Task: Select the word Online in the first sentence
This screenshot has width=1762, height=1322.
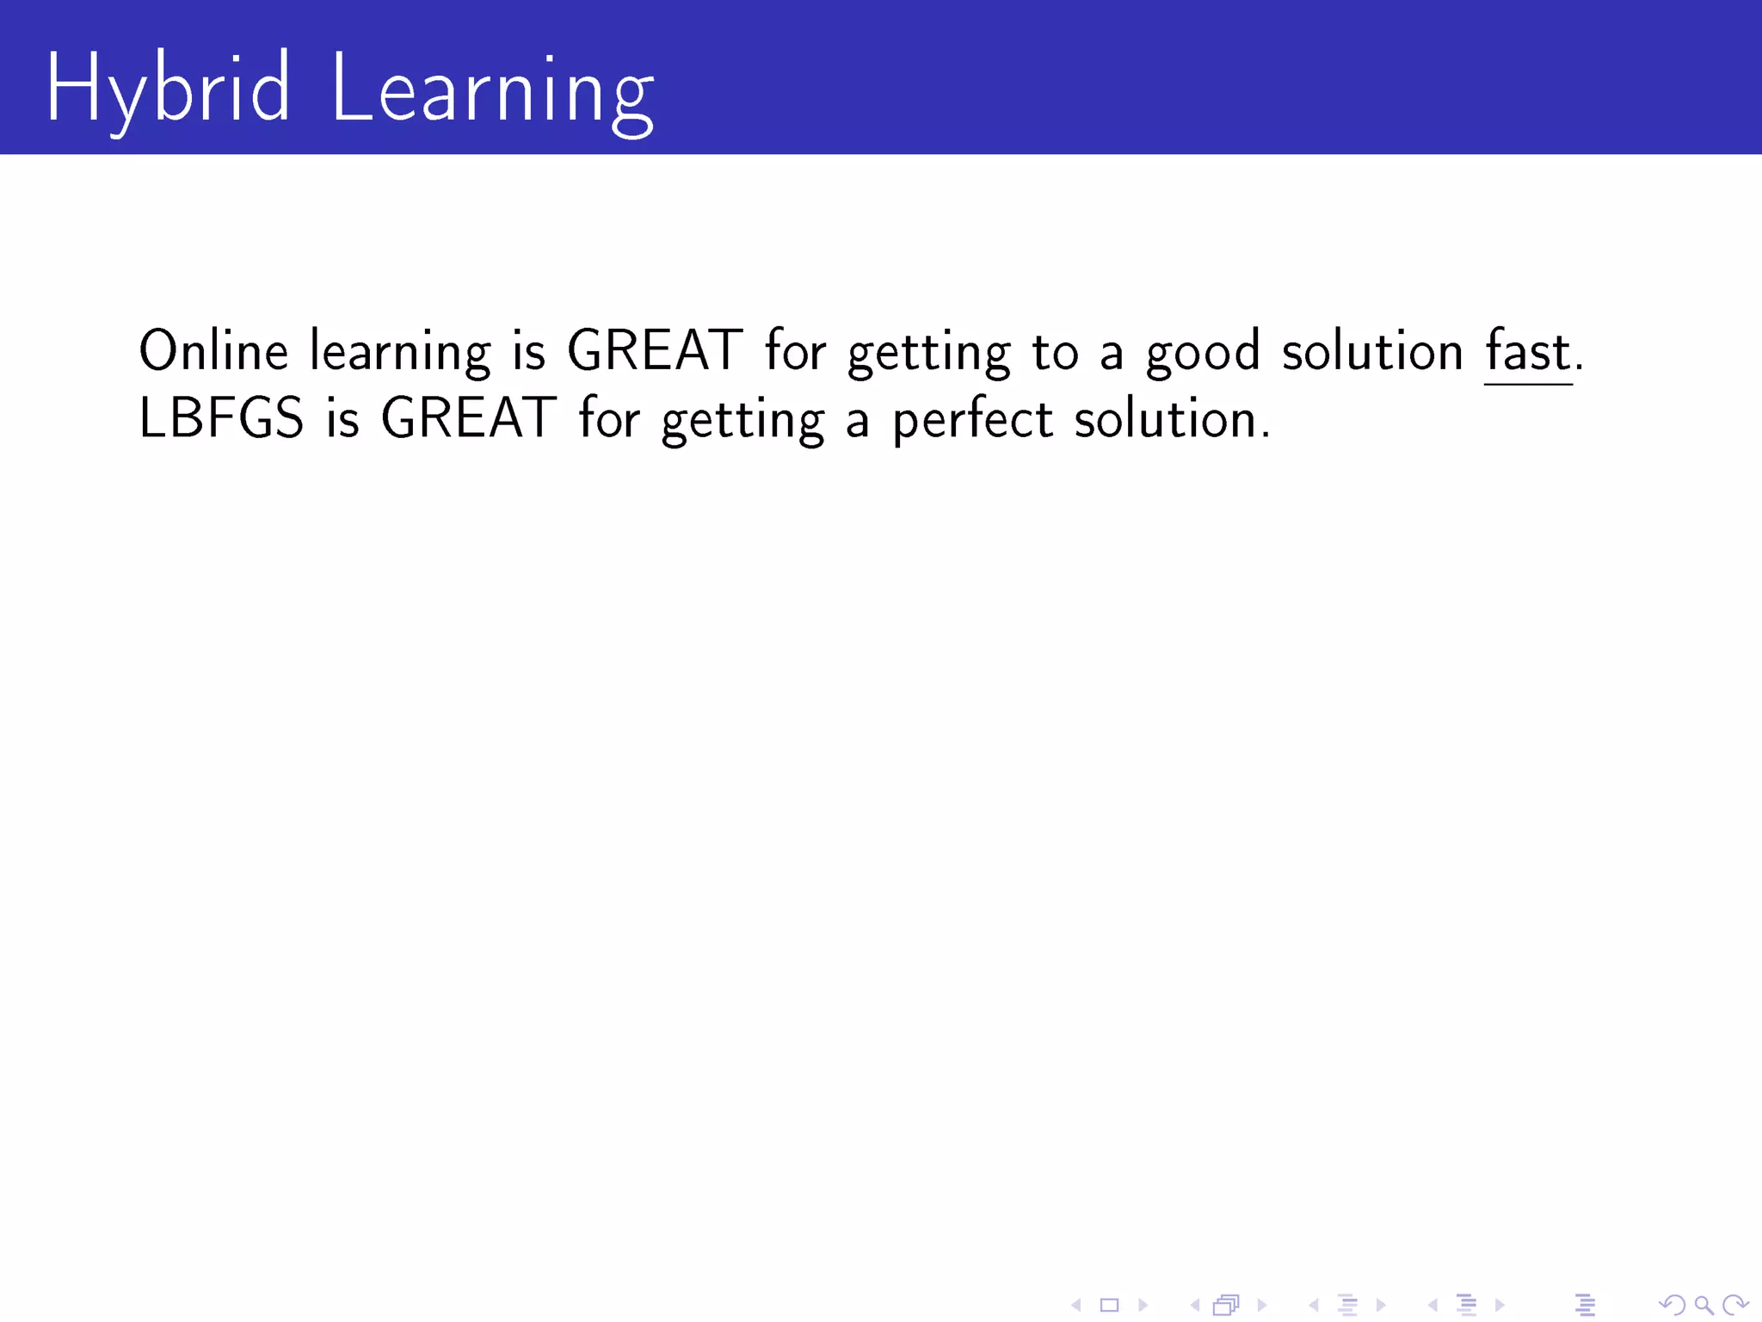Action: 213,351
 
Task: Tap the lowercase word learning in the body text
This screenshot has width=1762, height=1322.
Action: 400,353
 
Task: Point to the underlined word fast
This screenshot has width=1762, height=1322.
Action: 1528,351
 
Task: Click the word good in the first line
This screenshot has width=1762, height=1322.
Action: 1203,353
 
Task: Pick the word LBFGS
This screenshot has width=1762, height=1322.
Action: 221,419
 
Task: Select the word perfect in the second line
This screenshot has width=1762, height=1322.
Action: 972,420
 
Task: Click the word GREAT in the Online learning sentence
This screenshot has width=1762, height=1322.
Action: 655,351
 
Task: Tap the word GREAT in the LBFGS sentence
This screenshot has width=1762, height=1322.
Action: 468,419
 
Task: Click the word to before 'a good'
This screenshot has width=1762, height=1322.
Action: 1055,353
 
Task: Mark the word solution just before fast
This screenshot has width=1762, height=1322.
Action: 1372,351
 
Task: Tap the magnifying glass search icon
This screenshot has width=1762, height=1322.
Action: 1703,1306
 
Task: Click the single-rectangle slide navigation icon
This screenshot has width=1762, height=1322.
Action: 1109,1306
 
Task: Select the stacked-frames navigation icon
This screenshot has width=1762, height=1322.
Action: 1226,1306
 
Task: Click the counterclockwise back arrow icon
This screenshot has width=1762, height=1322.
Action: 1673,1306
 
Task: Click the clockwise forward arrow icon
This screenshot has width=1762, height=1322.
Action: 1735,1306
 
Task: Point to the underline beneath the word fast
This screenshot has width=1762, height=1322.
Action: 1528,385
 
